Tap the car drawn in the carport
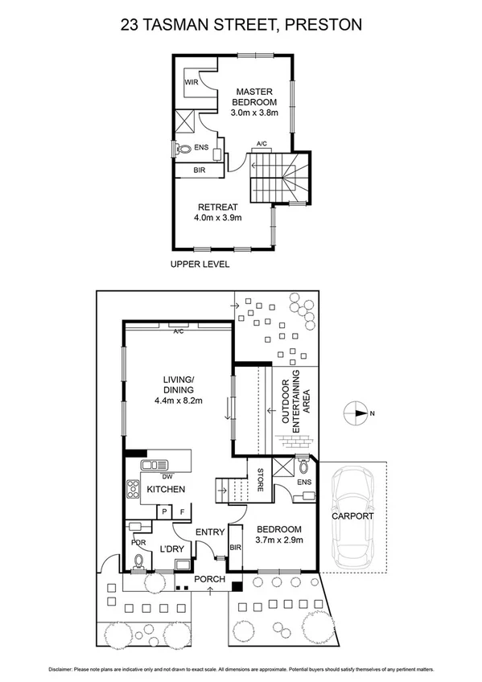356,519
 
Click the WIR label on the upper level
191,83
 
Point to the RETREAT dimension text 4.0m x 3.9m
218,217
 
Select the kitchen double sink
153,465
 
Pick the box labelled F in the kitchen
182,511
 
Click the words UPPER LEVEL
200,264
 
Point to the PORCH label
211,579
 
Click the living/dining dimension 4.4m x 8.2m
178,401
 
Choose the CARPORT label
354,516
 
